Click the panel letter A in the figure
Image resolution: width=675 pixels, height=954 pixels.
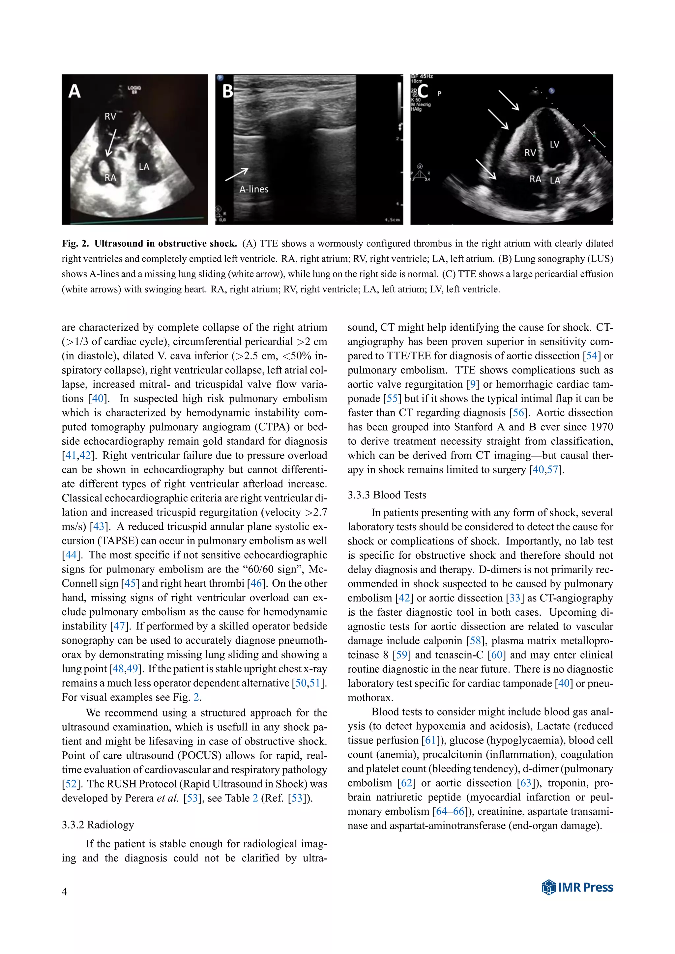pyautogui.click(x=74, y=91)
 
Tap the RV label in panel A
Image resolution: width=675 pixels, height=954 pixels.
pyautogui.click(x=110, y=116)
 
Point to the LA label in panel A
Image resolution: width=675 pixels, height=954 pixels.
pyautogui.click(x=144, y=167)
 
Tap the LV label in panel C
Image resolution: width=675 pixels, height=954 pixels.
pyautogui.click(x=554, y=145)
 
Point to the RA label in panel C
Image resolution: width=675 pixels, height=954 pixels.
pyautogui.click(x=535, y=179)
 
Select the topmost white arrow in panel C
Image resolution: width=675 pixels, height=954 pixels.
pyautogui.click(x=509, y=100)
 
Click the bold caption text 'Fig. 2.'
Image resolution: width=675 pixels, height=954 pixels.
pyautogui.click(x=75, y=243)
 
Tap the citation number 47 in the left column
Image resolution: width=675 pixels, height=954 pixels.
pyautogui.click(x=119, y=626)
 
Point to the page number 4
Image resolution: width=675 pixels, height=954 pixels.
pyautogui.click(x=64, y=891)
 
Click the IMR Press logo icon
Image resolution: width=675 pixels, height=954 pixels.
pyautogui.click(x=549, y=887)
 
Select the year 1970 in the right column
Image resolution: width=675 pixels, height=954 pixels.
pyautogui.click(x=602, y=427)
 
